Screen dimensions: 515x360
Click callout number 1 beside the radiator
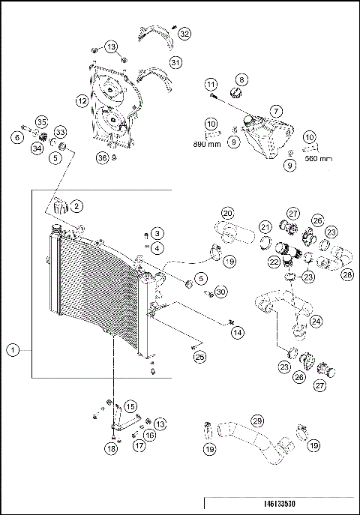pyautogui.click(x=13, y=349)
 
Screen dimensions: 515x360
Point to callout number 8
pyautogui.click(x=241, y=79)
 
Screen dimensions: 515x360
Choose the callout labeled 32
pyautogui.click(x=184, y=33)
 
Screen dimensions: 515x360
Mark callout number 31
pyautogui.click(x=175, y=62)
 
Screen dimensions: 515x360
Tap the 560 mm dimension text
pyautogui.click(x=319, y=158)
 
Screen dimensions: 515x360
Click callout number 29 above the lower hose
pyautogui.click(x=256, y=421)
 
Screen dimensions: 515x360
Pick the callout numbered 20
pyautogui.click(x=228, y=214)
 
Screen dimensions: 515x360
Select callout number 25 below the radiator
pyautogui.click(x=199, y=357)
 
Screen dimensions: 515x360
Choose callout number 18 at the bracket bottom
pyautogui.click(x=112, y=449)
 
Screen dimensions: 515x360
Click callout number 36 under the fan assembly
pyautogui.click(x=102, y=157)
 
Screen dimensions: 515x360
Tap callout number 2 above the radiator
pyautogui.click(x=76, y=205)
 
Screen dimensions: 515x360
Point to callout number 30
pyautogui.click(x=220, y=291)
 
